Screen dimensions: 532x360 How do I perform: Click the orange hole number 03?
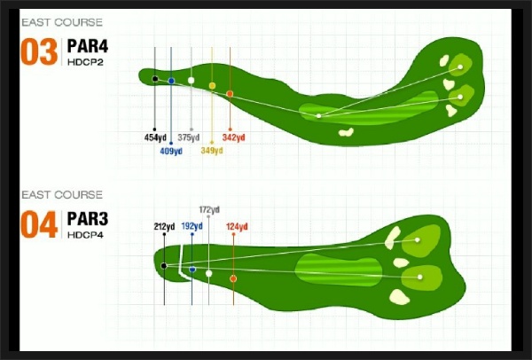tap(39, 51)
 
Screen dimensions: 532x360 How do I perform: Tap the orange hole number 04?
tap(39, 224)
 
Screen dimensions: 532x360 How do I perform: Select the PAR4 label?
tap(88, 46)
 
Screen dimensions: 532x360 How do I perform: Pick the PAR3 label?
tap(88, 218)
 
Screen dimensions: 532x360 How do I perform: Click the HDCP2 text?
tap(85, 62)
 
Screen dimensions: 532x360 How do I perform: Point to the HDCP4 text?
tap(85, 235)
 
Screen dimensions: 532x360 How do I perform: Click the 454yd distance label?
tap(155, 137)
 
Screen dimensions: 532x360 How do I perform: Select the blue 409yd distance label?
tap(171, 151)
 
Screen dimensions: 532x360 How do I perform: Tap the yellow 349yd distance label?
tap(212, 151)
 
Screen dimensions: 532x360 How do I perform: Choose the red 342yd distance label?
tap(234, 137)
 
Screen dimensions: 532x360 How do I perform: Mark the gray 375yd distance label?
tap(189, 137)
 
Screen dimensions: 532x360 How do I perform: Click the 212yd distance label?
tap(164, 226)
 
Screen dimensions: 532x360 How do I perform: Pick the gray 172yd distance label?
tap(209, 210)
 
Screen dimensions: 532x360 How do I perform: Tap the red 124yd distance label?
tap(237, 226)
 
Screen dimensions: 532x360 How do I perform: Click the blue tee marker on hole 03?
tap(171, 81)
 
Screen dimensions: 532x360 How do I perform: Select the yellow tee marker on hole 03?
tap(212, 85)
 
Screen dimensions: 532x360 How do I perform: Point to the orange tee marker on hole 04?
tap(233, 278)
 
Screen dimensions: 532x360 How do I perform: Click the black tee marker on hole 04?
tap(164, 266)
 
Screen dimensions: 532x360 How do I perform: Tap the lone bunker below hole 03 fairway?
tap(346, 132)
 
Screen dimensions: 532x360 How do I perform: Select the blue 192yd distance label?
tap(192, 226)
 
